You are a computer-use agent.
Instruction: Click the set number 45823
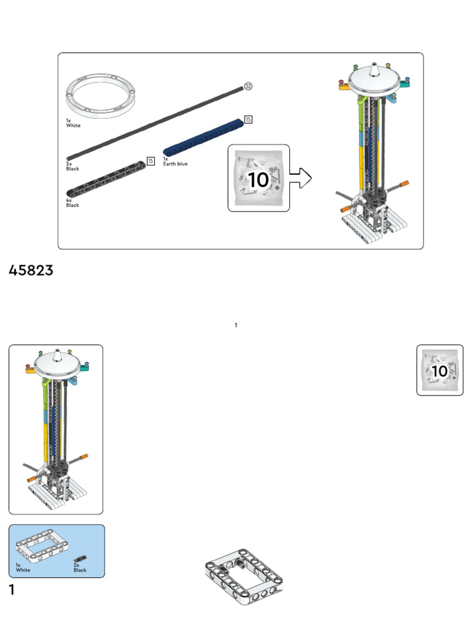click(31, 271)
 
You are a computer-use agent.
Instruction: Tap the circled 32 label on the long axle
click(248, 86)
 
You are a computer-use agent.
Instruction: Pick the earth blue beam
click(203, 137)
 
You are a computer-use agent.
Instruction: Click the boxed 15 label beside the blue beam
click(248, 119)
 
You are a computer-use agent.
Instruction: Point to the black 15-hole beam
click(106, 179)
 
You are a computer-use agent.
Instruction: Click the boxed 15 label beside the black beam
click(151, 161)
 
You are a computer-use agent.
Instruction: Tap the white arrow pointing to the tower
click(300, 178)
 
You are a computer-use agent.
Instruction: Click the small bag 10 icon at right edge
click(440, 370)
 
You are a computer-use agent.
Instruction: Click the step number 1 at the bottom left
click(12, 589)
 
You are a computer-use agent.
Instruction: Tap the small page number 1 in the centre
click(236, 325)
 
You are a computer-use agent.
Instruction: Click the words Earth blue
click(175, 164)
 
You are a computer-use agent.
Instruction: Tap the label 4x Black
click(73, 202)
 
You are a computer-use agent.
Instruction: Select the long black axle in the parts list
click(155, 123)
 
